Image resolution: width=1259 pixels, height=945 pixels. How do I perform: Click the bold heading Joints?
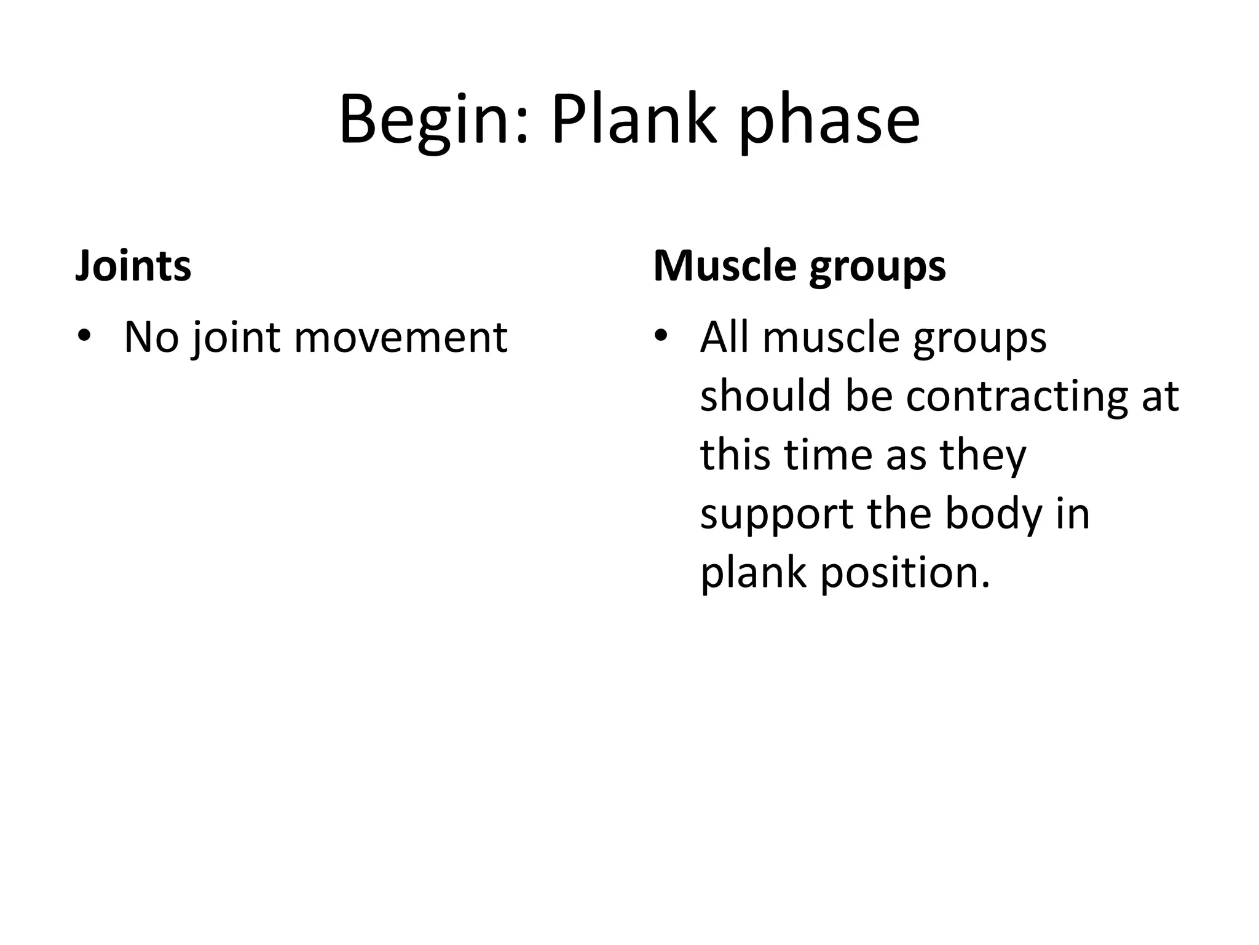[133, 266]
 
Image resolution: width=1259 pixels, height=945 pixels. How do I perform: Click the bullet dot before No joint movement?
[84, 337]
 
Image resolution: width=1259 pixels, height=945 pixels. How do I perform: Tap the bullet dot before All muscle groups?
[661, 337]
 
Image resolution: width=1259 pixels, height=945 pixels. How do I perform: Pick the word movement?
[401, 338]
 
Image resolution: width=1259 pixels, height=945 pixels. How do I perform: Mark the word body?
[993, 515]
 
